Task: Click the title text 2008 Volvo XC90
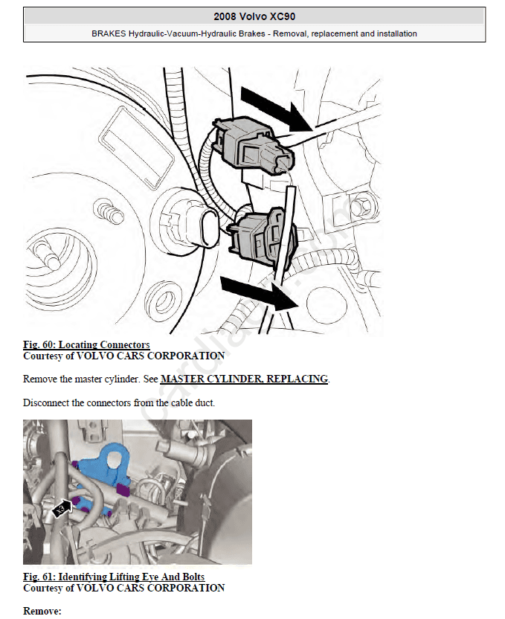click(254, 16)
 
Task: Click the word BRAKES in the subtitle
click(109, 34)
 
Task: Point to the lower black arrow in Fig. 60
click(259, 292)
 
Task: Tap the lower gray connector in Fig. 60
click(261, 236)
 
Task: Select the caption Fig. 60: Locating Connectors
click(86, 344)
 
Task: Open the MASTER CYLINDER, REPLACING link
click(244, 379)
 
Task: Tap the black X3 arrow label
click(62, 508)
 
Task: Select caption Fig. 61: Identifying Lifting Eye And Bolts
click(114, 577)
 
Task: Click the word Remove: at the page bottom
click(42, 611)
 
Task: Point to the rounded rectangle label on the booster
click(138, 147)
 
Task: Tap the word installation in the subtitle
click(397, 34)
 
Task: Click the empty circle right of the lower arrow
click(327, 305)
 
